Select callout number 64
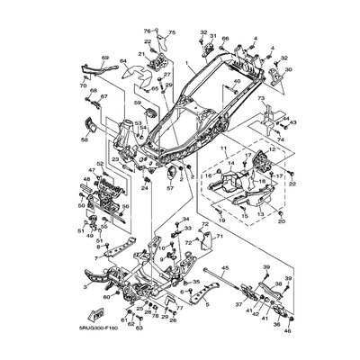click(x=122, y=62)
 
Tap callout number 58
click(x=85, y=140)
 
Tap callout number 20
click(x=256, y=220)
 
